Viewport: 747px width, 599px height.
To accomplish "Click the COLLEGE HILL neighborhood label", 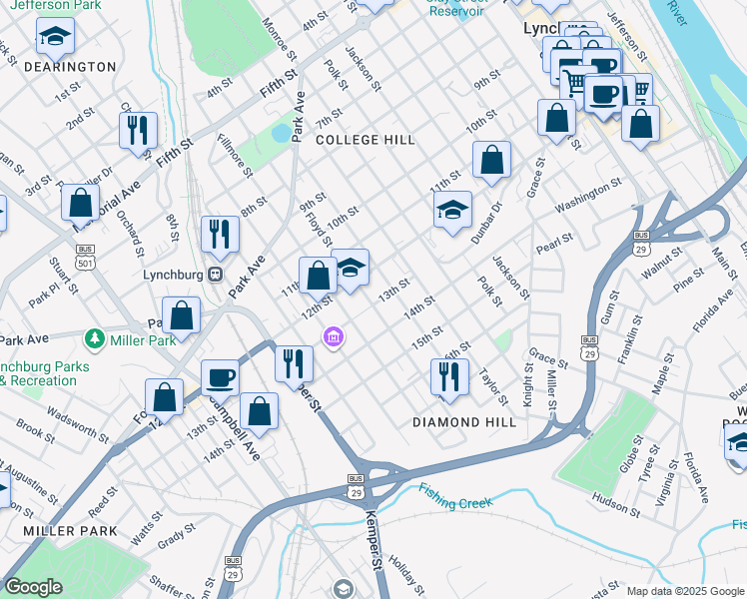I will tap(366, 141).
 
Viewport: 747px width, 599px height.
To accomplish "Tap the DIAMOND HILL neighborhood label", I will tap(464, 422).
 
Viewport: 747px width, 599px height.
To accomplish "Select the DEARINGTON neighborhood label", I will tap(70, 67).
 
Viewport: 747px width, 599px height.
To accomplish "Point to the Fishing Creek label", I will tap(455, 495).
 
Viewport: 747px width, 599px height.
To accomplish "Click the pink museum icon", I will tap(334, 339).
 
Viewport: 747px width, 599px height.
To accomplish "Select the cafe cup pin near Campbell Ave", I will tap(220, 377).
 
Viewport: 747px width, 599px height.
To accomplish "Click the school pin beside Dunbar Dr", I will tap(452, 210).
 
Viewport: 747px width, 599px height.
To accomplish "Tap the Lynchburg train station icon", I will tap(214, 275).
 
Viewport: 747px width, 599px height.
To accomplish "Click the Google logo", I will tap(33, 587).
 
